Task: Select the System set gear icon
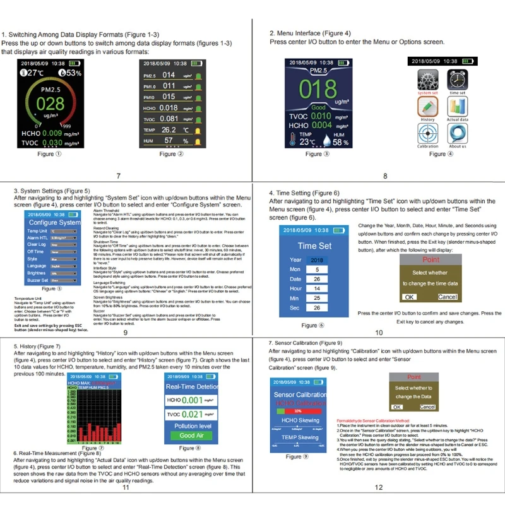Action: coord(427,81)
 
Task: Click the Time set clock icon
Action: coord(458,81)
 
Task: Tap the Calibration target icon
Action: coord(427,134)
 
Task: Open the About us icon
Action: coord(458,134)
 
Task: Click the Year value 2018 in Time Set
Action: coord(317,260)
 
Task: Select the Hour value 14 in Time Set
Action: coord(317,288)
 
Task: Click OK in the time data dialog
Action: coord(410,297)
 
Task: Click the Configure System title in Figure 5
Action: coord(54,223)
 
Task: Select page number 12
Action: coord(378,487)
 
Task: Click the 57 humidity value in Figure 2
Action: coord(169,140)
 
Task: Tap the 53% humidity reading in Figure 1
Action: coord(72,73)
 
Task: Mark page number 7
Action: coord(118,176)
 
